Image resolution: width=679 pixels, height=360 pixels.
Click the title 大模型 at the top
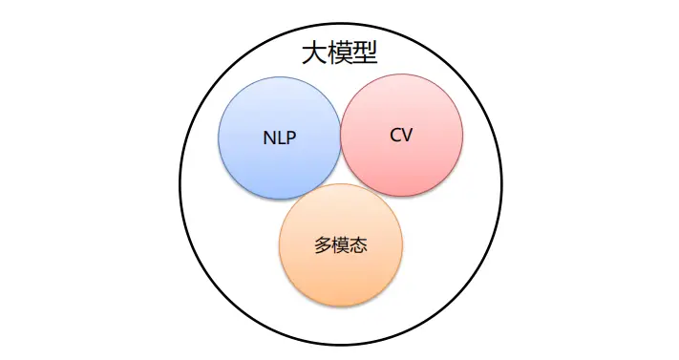[x=339, y=53]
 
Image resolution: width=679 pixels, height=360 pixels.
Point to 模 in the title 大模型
[x=339, y=53]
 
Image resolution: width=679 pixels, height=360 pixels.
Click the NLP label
[x=280, y=137]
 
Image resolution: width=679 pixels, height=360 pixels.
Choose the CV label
[x=401, y=135]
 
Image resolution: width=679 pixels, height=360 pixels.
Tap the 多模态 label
[x=341, y=245]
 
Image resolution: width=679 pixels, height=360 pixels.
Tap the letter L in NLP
[x=281, y=137]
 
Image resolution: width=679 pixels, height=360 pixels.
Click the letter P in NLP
[x=290, y=137]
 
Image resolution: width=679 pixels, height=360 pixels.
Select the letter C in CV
[x=395, y=135]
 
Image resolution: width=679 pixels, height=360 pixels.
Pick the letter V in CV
[x=407, y=135]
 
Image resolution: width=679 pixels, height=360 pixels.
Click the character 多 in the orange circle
[x=323, y=245]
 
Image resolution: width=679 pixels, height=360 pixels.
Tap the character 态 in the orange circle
[x=359, y=245]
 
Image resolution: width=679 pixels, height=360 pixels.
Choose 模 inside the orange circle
[x=341, y=245]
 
